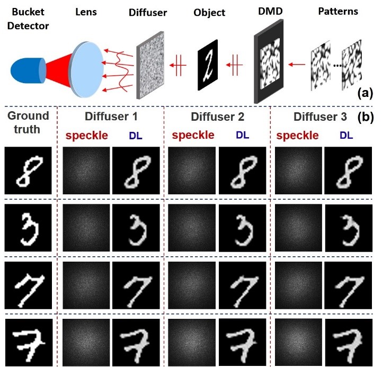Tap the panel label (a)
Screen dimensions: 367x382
[x=366, y=94]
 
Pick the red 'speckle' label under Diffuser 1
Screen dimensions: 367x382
[x=86, y=135]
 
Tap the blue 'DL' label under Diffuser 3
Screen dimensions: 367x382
[x=346, y=135]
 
